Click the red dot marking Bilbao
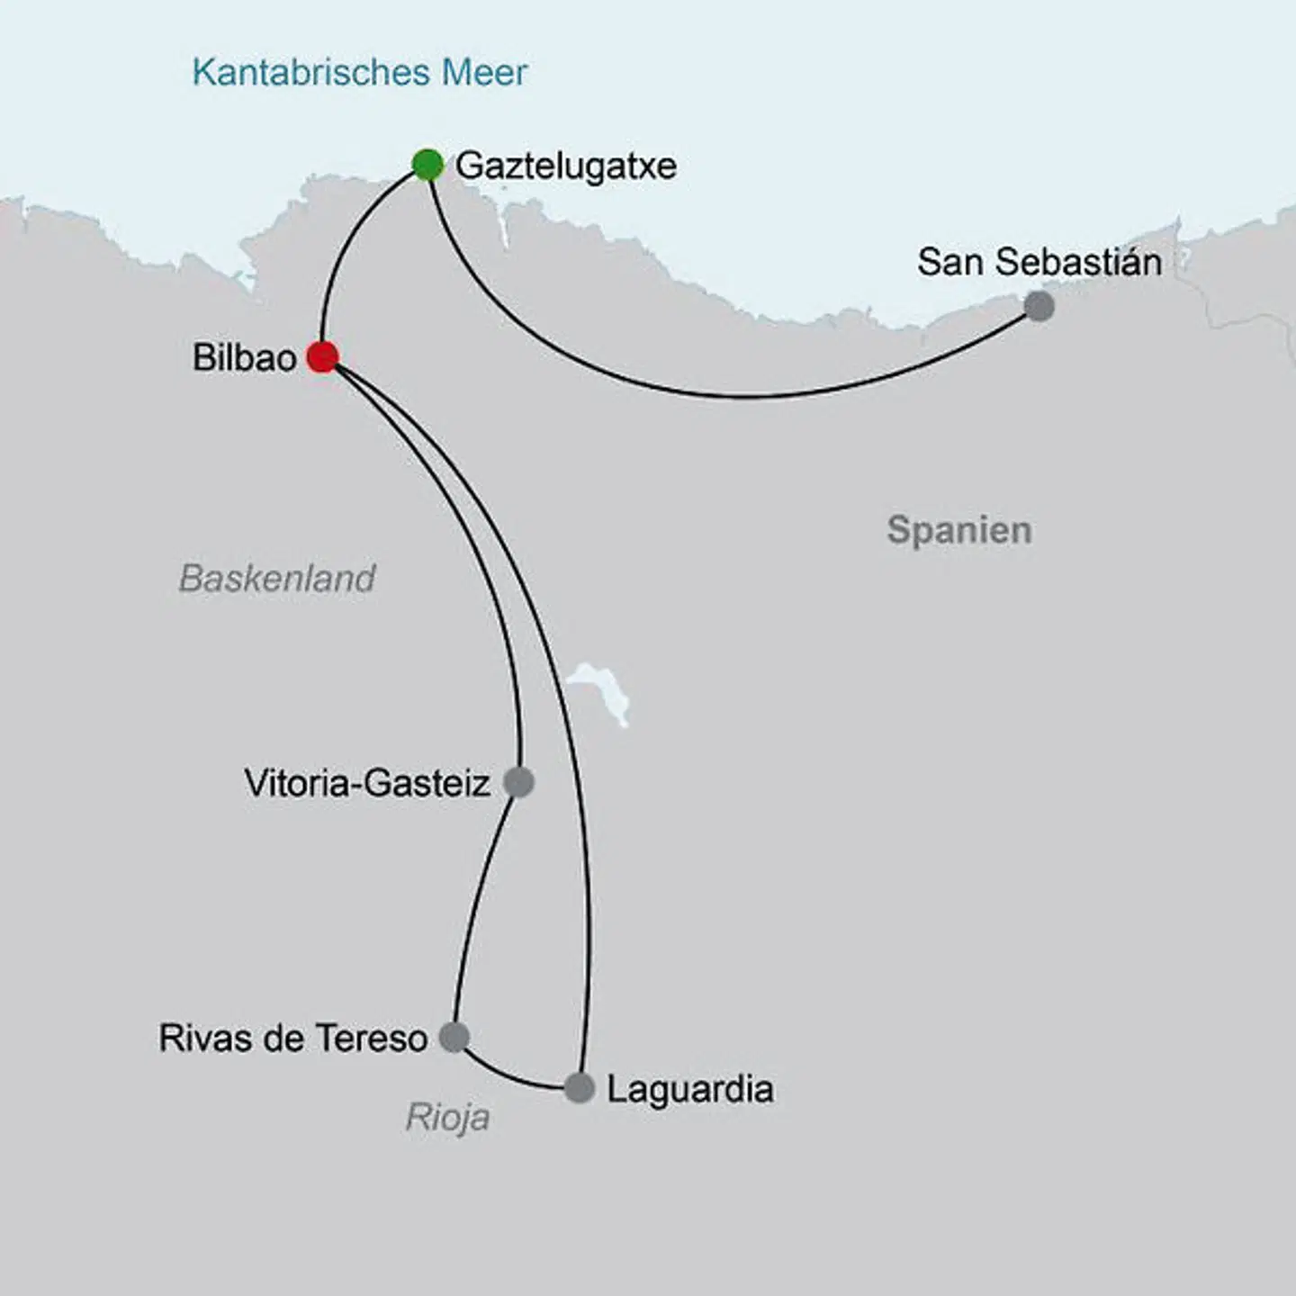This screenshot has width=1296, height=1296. (x=322, y=357)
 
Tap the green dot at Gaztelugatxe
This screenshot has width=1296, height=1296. (x=428, y=165)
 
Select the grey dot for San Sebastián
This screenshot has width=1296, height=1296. (x=1039, y=306)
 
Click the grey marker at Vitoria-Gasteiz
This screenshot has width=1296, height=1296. (x=519, y=782)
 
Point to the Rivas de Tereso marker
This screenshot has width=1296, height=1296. (x=454, y=1037)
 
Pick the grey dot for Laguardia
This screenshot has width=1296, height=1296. (x=580, y=1088)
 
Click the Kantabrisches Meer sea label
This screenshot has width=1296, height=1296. (x=359, y=72)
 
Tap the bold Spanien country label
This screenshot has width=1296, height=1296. (x=958, y=530)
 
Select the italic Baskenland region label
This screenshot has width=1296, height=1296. (x=276, y=579)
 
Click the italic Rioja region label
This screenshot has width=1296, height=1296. (x=447, y=1118)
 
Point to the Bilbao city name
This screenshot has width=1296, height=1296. (x=244, y=358)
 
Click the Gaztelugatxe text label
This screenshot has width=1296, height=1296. (x=565, y=166)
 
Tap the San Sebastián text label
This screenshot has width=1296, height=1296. (x=1039, y=262)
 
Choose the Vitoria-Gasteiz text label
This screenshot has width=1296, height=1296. (x=367, y=783)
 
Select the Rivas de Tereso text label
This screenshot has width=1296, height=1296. (x=292, y=1038)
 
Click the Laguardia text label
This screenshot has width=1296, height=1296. (x=689, y=1089)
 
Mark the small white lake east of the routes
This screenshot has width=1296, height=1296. (x=601, y=689)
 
